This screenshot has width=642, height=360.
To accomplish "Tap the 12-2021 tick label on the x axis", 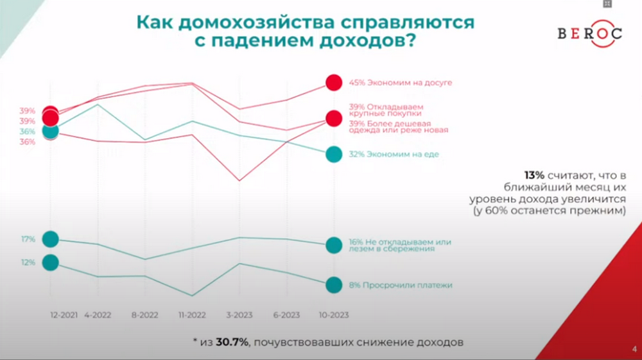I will coord(65,314).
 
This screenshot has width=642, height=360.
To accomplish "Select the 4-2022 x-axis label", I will coord(98,314).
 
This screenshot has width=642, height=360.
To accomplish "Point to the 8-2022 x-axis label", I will coord(144,314).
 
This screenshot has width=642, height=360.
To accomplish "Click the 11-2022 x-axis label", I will coord(192,314).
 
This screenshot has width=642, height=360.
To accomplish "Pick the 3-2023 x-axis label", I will coord(239,314).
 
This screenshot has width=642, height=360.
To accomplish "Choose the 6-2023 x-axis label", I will coord(286,314).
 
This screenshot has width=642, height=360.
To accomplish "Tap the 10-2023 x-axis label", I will coord(334,314).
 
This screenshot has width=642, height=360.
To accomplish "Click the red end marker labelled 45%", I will coord(334,82).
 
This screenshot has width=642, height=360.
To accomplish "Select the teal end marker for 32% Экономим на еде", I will coord(334,154).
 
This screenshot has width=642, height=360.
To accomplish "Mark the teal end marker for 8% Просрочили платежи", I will coord(334,285).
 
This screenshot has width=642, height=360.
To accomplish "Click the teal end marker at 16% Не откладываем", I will coord(334,244).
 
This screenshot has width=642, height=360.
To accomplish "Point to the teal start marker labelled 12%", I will coord(50,262).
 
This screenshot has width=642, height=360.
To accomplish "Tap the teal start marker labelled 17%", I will coord(50,239).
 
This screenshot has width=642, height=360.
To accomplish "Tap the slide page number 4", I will coord(634,349).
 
